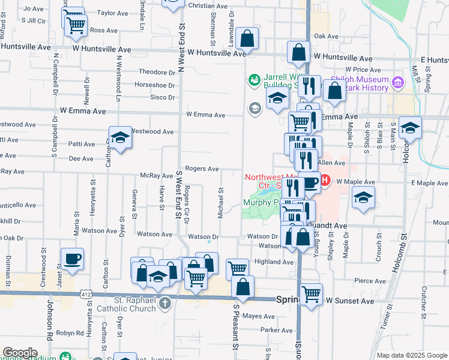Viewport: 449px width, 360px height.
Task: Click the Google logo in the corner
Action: pyautogui.click(x=20, y=353)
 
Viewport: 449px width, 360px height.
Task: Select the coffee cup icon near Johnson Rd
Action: pyautogui.click(x=72, y=259)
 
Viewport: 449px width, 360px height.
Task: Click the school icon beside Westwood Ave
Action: pyautogui.click(x=120, y=137)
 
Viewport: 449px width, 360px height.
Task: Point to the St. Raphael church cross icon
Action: pyautogui.click(x=164, y=303)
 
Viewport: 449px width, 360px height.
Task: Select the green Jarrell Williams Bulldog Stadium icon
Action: pyautogui.click(x=255, y=79)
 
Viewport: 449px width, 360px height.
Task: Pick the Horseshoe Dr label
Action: pyautogui.click(x=154, y=85)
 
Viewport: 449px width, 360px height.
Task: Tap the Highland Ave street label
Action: pyautogui.click(x=274, y=262)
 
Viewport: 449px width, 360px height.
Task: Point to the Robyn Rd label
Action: pyautogui.click(x=70, y=332)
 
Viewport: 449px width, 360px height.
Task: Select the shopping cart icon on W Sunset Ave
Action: pyautogui.click(x=311, y=294)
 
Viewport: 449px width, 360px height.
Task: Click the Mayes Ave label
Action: pyautogui.click(x=259, y=316)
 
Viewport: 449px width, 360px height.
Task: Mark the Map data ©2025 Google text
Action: pyautogui.click(x=411, y=355)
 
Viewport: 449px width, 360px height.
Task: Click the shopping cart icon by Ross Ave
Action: pyautogui.click(x=77, y=25)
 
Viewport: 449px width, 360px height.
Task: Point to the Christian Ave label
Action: pyautogui.click(x=208, y=5)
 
